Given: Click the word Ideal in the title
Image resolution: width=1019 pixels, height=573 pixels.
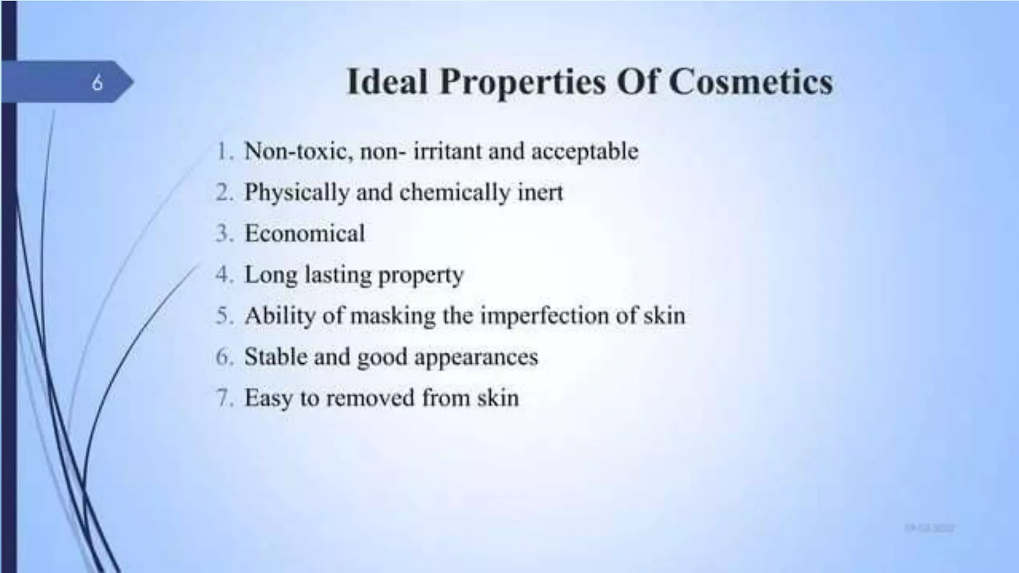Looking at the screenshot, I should click(x=387, y=81).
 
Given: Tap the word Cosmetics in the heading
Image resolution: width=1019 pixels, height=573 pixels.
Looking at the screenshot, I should click(x=750, y=81).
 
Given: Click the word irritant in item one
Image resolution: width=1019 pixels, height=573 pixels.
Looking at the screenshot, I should click(x=448, y=151).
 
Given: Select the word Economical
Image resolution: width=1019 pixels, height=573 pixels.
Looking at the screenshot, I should click(x=305, y=233).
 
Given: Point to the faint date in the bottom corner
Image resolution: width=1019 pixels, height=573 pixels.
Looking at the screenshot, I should click(x=929, y=528).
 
